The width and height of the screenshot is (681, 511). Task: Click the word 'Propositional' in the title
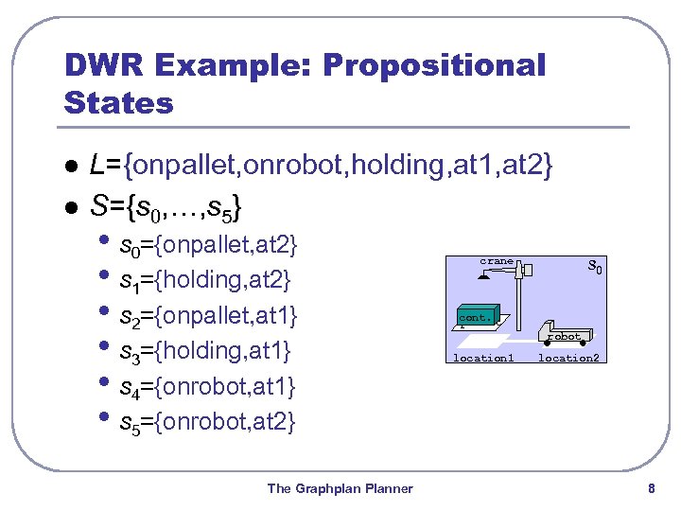tap(434, 65)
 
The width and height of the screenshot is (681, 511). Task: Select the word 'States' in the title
tap(119, 102)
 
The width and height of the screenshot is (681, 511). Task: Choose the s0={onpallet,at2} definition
tap(208, 246)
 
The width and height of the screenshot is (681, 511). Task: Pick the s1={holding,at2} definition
tap(205, 281)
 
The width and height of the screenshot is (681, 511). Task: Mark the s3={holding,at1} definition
tap(205, 351)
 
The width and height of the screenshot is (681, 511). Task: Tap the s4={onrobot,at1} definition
tap(208, 386)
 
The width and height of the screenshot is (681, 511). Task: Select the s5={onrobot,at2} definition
tap(208, 421)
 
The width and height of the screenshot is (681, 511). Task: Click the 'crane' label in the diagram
tap(497, 261)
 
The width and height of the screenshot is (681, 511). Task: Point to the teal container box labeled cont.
tap(476, 317)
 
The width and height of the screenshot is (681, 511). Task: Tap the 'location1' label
tap(483, 358)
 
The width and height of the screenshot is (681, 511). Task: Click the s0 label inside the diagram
tap(595, 267)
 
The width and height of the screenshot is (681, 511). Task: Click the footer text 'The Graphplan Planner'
tap(340, 488)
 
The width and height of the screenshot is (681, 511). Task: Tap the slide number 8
tap(651, 488)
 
